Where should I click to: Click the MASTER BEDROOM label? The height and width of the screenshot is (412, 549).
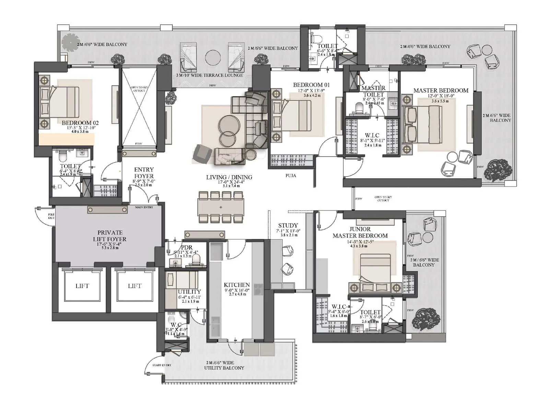441,90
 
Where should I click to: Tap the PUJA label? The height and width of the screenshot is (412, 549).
291,175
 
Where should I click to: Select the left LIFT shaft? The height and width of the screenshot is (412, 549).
82,286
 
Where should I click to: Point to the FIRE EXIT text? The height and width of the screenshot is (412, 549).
51,216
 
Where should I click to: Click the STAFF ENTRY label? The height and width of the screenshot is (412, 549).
162,365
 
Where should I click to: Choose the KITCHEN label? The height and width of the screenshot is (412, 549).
237,285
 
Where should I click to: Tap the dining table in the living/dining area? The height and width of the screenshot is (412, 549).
221,207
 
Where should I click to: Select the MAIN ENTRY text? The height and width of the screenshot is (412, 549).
144,207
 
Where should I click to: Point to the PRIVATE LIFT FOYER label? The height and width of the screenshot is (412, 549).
110,236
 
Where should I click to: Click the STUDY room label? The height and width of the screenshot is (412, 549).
288,226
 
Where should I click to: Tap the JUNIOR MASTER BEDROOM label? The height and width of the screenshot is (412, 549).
360,232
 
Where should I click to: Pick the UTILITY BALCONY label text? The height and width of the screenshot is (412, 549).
224,368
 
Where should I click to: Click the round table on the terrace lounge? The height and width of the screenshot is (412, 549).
213,57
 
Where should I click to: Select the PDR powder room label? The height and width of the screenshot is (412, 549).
187,247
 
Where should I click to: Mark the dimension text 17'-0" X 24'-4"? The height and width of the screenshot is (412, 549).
229,182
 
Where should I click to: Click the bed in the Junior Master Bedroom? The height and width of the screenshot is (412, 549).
375,268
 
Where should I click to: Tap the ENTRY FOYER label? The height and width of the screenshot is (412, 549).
144,173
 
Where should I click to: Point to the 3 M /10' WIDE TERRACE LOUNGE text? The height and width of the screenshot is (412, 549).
209,75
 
